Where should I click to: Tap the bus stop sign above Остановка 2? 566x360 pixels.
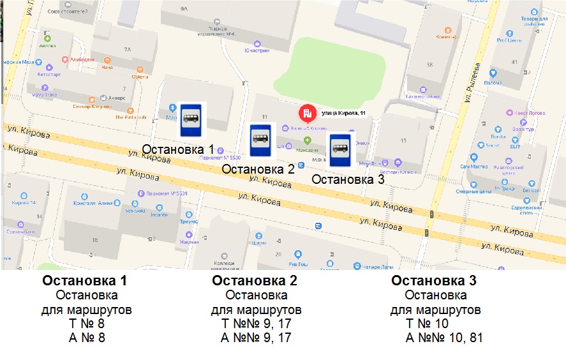pyautogui.click(x=260, y=140)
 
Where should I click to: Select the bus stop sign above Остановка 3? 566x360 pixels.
pyautogui.click(x=339, y=151)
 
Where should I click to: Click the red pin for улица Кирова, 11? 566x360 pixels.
pyautogui.click(x=306, y=114)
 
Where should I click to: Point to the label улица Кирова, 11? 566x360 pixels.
pyautogui.click(x=343, y=113)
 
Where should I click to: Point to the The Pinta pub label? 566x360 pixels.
pyautogui.click(x=131, y=117)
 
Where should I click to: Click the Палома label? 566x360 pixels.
pyautogui.click(x=493, y=82)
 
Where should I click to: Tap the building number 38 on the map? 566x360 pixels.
pyautogui.click(x=429, y=64)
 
